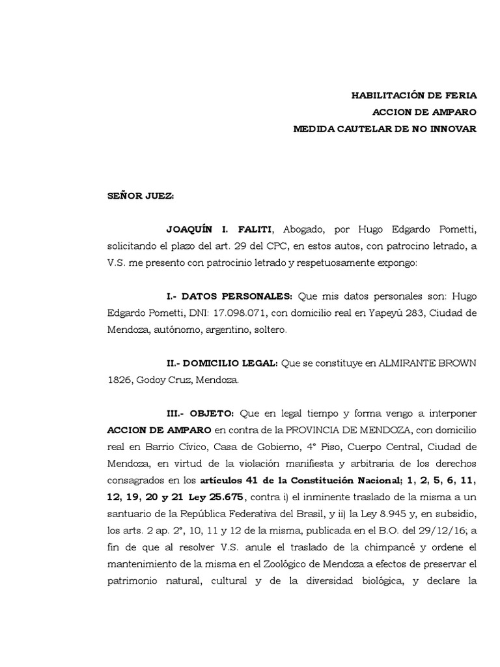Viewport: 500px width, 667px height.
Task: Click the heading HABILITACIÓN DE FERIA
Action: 414,95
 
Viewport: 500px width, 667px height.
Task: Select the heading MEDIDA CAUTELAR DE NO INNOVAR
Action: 385,128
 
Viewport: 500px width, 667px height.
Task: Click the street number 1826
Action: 119,380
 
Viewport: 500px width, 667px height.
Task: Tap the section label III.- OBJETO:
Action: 201,414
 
